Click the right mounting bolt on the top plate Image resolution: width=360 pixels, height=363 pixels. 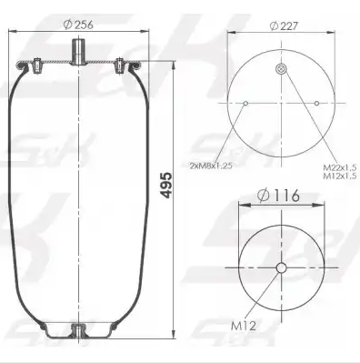120,66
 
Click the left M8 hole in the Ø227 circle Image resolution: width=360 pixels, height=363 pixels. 246,104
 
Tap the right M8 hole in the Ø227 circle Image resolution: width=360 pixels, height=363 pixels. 315,104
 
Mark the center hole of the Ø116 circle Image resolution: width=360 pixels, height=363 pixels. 281,267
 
